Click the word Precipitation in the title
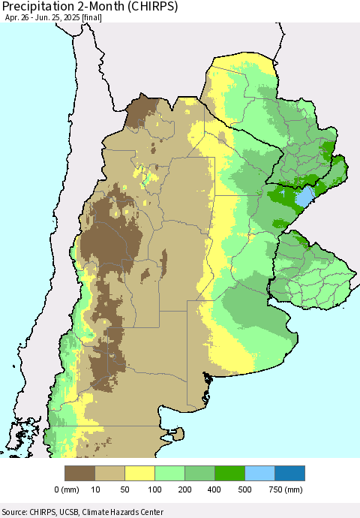(47, 8)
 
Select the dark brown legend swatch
(80, 473)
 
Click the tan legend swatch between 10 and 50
(110, 473)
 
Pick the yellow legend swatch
(140, 473)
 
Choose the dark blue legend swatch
(290, 473)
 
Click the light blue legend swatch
(260, 473)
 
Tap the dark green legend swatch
(230, 473)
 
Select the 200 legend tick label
(185, 489)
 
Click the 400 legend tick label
(215, 489)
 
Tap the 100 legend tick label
(155, 489)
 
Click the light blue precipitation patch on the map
(303, 198)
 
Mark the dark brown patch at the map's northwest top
(141, 110)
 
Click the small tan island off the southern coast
(178, 433)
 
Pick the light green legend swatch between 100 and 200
(170, 473)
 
